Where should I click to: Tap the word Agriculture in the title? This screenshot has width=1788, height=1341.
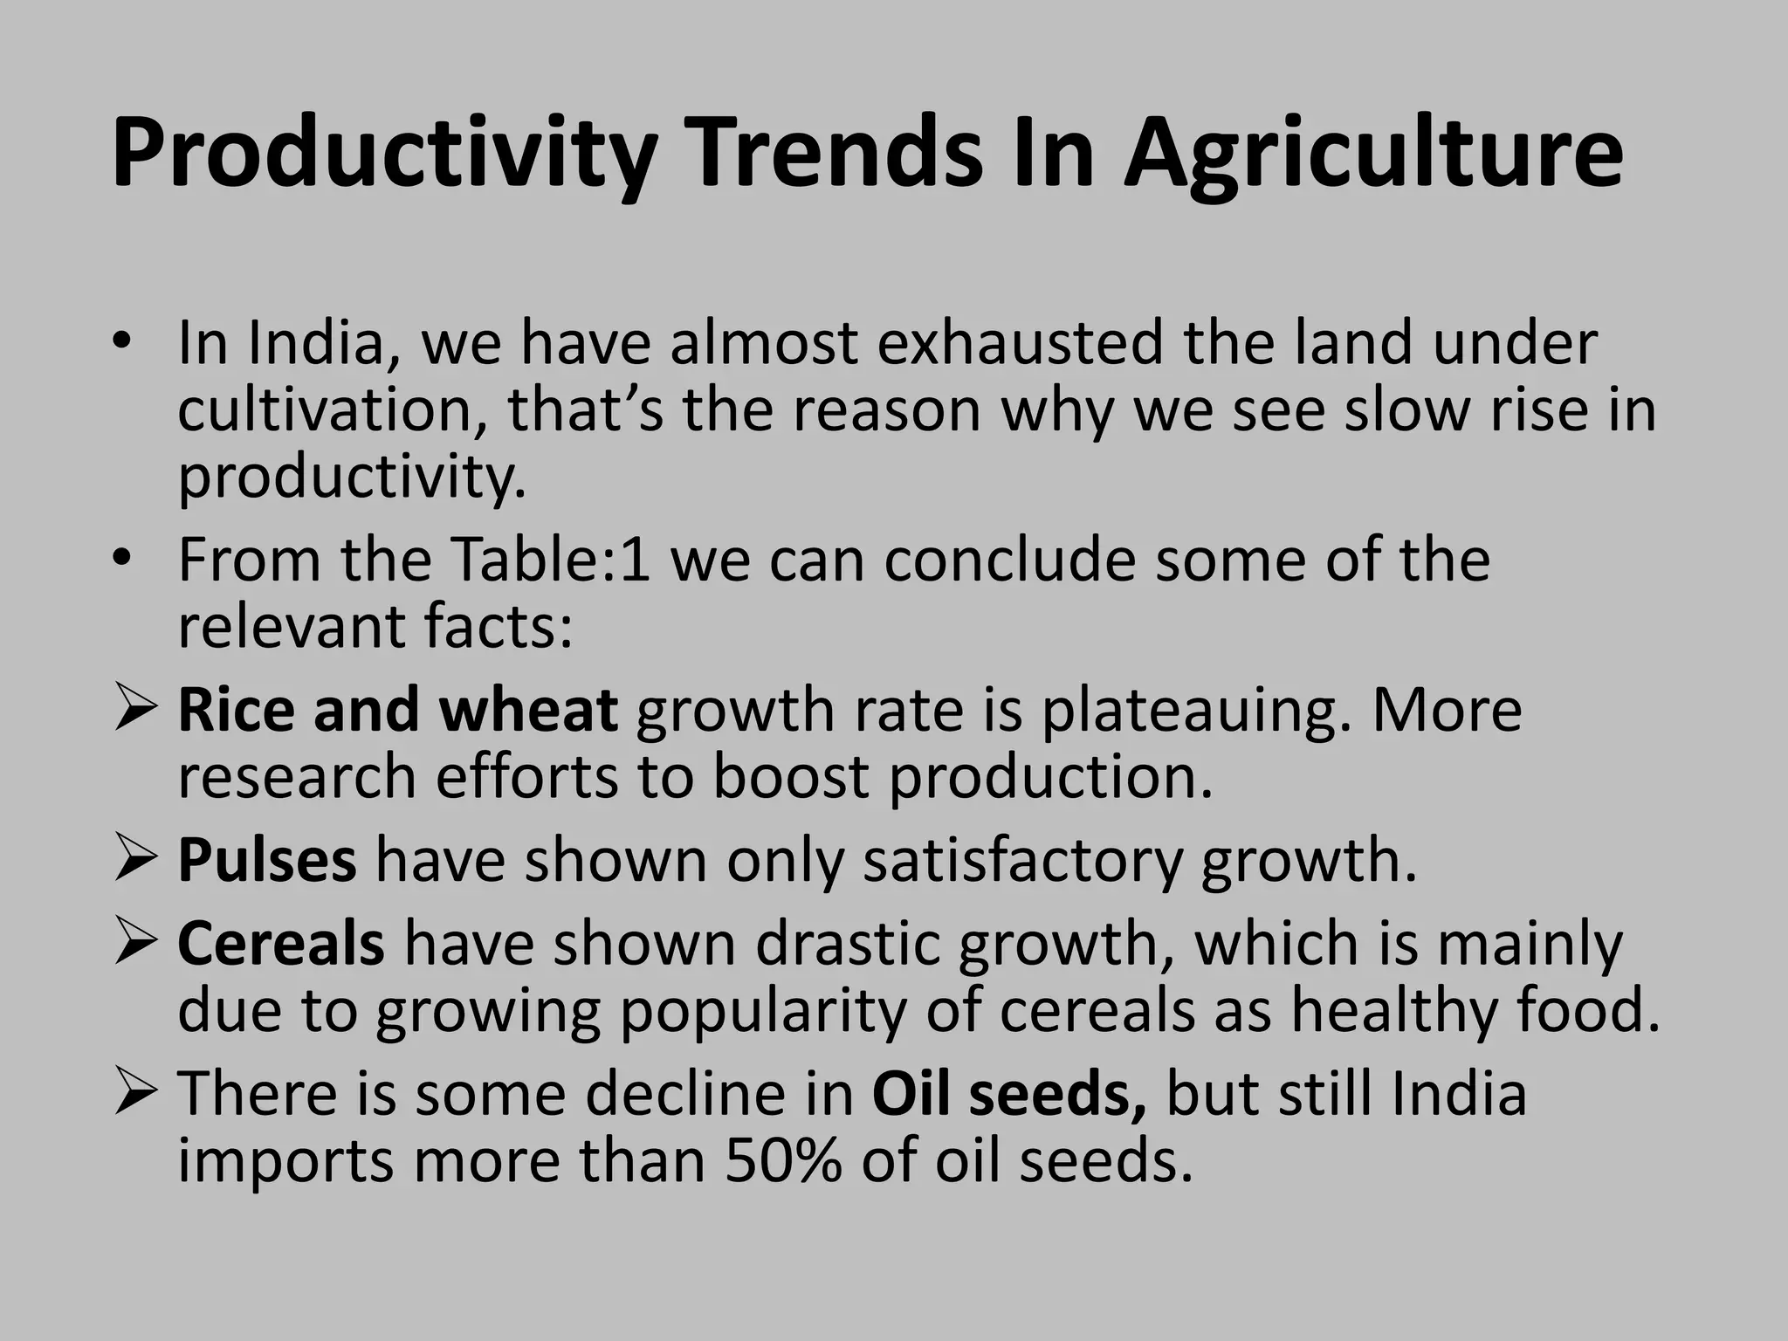coord(1372,155)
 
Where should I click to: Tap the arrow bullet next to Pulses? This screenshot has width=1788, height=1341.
coord(135,860)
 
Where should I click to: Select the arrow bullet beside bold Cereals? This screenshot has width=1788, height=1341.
coord(135,944)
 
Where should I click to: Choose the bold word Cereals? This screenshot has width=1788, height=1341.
coord(281,944)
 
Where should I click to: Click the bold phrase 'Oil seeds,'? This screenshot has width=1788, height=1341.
coord(1009,1094)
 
